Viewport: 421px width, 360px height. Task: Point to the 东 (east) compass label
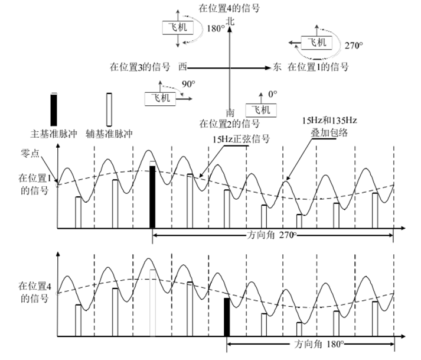pyautogui.click(x=278, y=67)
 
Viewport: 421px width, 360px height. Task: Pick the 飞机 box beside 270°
pyautogui.click(x=316, y=43)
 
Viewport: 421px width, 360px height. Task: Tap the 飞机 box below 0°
pyautogui.click(x=260, y=110)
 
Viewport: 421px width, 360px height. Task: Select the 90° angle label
pyautogui.click(x=188, y=84)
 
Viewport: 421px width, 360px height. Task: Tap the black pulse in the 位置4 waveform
pyautogui.click(x=227, y=317)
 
